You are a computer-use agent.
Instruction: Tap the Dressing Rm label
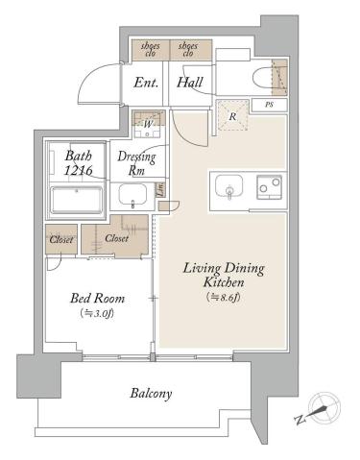132,162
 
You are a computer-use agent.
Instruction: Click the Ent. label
145,83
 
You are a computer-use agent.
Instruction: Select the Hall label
190,83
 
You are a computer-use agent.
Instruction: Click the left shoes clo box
151,49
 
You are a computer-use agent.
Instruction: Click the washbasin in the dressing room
132,196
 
